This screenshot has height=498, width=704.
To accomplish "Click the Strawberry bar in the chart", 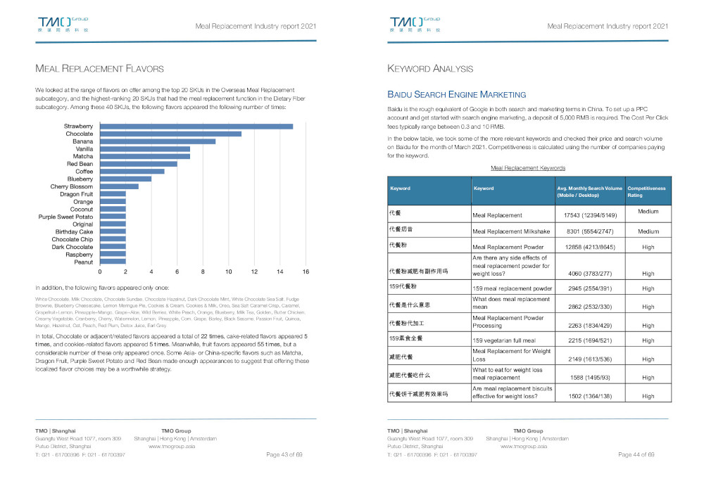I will [197, 126].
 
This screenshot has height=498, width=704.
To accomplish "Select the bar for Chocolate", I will [171, 134].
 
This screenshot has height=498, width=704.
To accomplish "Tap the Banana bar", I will [158, 141].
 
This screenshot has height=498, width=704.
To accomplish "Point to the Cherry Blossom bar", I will [120, 186].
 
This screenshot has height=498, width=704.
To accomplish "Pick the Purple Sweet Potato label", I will [65, 217].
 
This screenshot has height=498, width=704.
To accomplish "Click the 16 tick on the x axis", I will [306, 271].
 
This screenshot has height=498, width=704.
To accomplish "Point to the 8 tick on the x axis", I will [203, 271].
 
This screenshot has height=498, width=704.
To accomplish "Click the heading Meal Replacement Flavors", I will [99, 69].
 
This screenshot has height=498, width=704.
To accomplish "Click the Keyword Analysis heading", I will [430, 69].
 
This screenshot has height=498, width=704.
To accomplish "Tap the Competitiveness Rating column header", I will [646, 191].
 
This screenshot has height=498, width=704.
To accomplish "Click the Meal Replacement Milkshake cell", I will [514, 231].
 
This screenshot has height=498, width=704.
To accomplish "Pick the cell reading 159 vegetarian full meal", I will [513, 341].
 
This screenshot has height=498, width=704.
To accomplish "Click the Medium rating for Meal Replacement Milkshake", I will [648, 231].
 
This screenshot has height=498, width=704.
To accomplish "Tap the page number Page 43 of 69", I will [284, 455].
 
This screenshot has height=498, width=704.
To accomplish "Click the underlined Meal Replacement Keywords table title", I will [527, 168].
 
